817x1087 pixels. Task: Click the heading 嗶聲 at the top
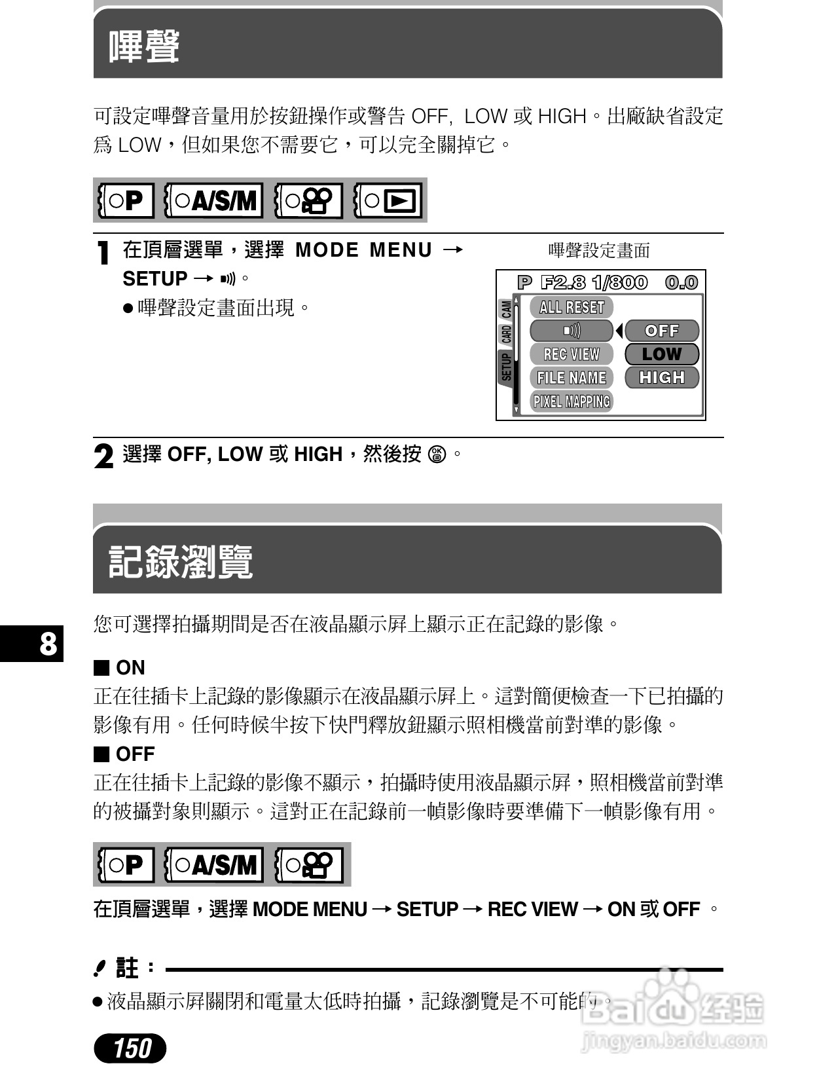pos(144,46)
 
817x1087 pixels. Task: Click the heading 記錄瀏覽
pos(180,562)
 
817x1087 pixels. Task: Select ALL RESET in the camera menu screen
pos(572,307)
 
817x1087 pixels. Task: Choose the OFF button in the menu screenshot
pos(662,331)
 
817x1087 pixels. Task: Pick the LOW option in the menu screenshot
pos(662,354)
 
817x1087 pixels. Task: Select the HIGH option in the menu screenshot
pos(662,378)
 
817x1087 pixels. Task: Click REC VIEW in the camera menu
pos(572,354)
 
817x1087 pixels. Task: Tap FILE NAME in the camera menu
pos(572,378)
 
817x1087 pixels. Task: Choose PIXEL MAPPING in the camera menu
pos(572,401)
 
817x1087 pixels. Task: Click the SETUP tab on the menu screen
pos(506,367)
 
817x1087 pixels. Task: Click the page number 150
pos(130,1048)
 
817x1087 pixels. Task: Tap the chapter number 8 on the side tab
pos(48,644)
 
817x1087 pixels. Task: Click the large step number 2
pos(103,456)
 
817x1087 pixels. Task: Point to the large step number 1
pos(103,253)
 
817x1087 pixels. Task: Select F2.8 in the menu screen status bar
pos(562,282)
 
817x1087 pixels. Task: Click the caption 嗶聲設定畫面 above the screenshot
pos(599,250)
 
